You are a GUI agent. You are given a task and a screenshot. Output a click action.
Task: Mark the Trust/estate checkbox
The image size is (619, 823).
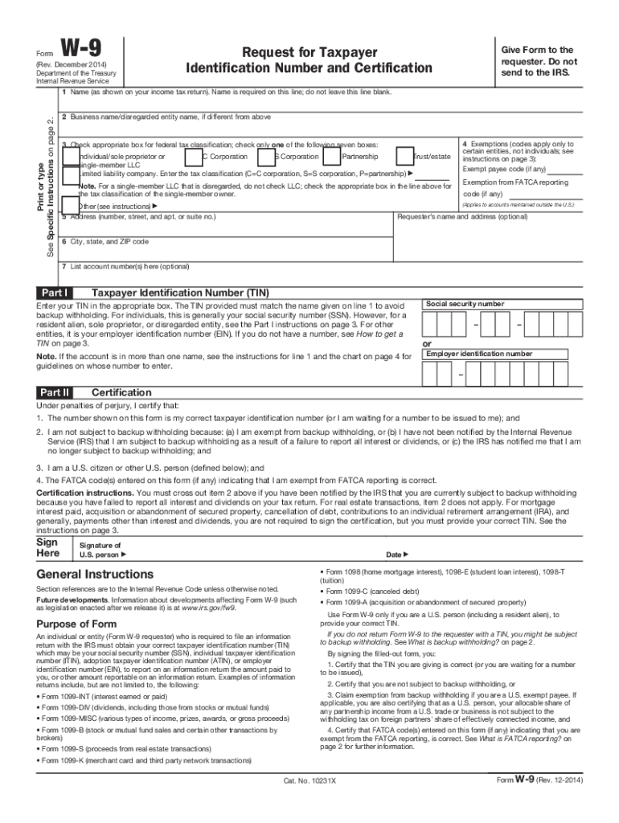click(404, 156)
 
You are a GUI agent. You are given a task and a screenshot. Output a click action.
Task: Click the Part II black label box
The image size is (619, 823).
click(55, 392)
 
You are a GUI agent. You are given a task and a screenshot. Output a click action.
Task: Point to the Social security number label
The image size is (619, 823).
click(465, 305)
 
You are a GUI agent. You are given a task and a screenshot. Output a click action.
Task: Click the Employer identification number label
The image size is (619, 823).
click(478, 354)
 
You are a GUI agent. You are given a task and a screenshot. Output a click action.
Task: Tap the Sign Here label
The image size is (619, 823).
click(47, 547)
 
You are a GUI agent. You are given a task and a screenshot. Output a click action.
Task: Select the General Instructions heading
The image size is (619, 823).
click(95, 575)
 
